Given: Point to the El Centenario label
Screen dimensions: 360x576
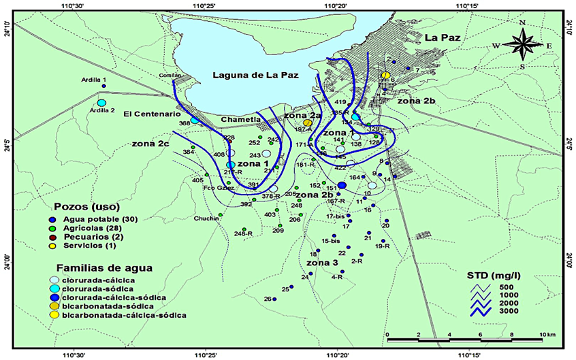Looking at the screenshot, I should pyautogui.click(x=146, y=115).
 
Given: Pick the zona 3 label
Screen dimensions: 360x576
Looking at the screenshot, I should pyautogui.click(x=322, y=262).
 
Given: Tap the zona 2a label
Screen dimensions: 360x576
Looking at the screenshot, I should pyautogui.click(x=303, y=116).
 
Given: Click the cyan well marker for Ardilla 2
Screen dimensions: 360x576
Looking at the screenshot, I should pyautogui.click(x=101, y=103).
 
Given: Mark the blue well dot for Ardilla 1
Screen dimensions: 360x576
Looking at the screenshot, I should pyautogui.click(x=103, y=86).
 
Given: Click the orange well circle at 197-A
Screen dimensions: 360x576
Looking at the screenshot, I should pyautogui.click(x=308, y=122).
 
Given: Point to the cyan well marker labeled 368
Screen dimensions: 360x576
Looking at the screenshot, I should pyautogui.click(x=195, y=120).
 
